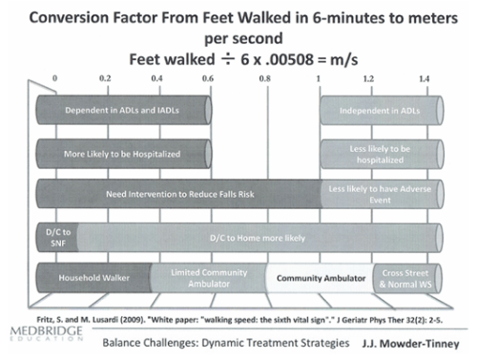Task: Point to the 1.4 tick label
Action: [423, 78]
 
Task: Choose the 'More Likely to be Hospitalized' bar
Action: [122, 153]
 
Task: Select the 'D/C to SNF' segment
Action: [51, 235]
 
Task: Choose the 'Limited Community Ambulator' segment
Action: [206, 277]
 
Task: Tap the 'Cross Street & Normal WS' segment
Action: [404, 277]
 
